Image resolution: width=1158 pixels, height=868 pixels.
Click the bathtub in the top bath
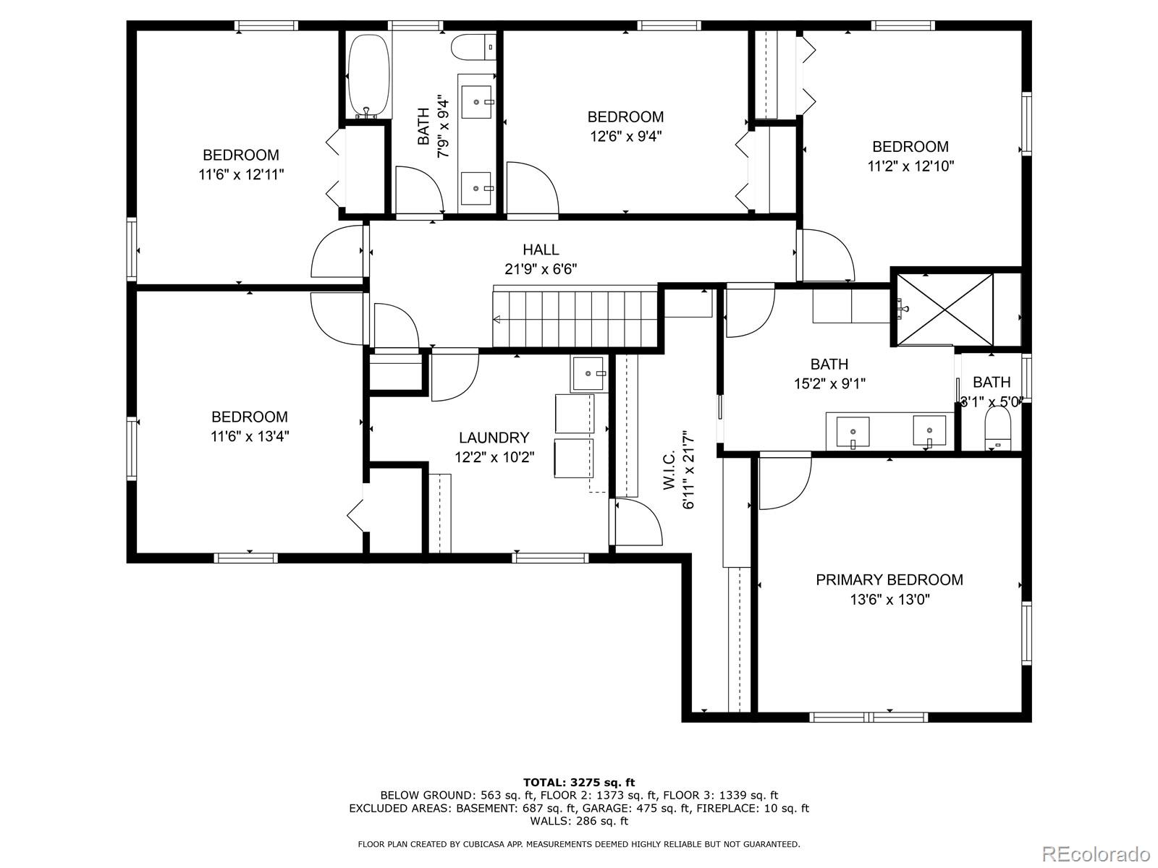pyautogui.click(x=370, y=76)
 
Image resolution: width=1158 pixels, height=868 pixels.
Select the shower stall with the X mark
pyautogui.click(x=944, y=310)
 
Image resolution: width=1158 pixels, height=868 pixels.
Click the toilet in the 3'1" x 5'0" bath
pyautogui.click(x=997, y=430)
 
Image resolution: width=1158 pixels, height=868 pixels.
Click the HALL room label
pyautogui.click(x=541, y=250)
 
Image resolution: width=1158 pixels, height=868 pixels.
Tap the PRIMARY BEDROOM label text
pyautogui.click(x=889, y=579)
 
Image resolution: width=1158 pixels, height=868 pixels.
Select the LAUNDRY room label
pyautogui.click(x=494, y=438)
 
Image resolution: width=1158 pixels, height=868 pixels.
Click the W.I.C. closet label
pyautogui.click(x=669, y=471)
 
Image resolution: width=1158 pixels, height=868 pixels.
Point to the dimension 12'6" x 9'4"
pyautogui.click(x=625, y=135)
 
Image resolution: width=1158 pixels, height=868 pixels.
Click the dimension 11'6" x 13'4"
pyautogui.click(x=250, y=436)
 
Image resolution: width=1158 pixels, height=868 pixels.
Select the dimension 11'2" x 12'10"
pyautogui.click(x=910, y=166)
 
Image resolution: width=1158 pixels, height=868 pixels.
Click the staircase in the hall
pyautogui.click(x=575, y=318)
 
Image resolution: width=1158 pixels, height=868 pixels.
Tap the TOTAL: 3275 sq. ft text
pyautogui.click(x=578, y=782)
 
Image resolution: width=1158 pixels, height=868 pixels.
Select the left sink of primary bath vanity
pyautogui.click(x=853, y=432)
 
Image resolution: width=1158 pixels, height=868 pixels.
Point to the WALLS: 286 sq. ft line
pyautogui.click(x=578, y=821)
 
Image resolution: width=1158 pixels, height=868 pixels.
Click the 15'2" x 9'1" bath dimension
pyautogui.click(x=829, y=383)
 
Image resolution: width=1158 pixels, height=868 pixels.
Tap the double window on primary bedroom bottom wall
pyautogui.click(x=868, y=717)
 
